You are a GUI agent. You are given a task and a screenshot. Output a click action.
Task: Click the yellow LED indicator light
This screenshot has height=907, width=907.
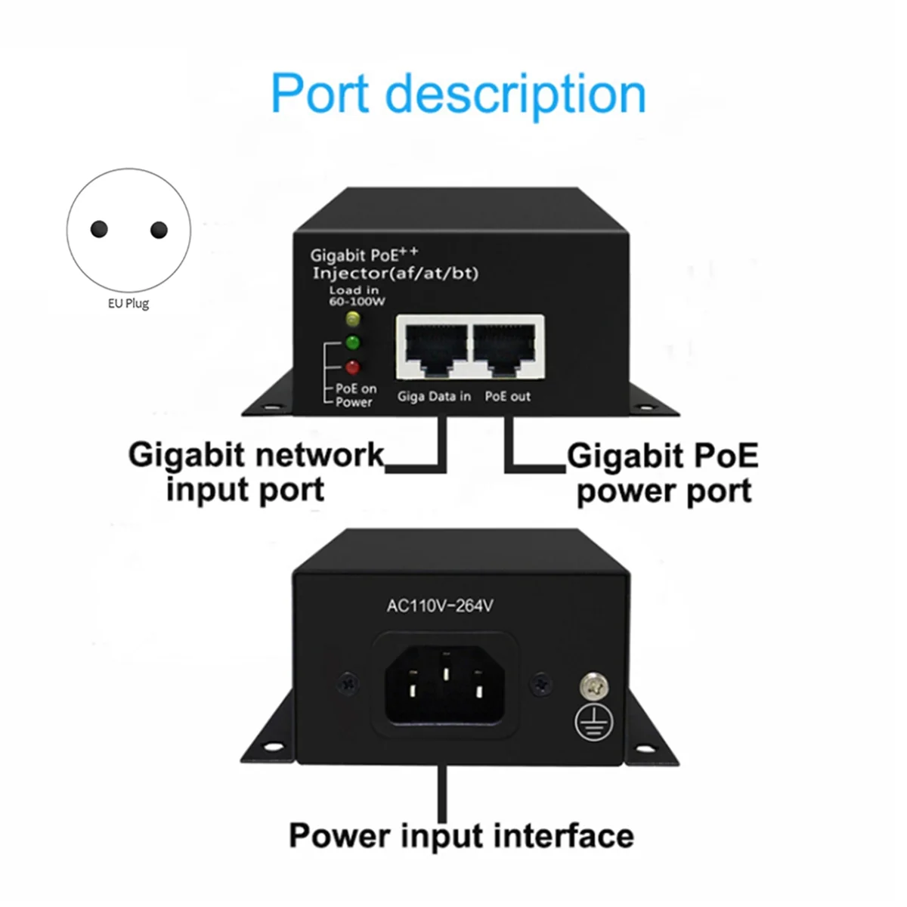352,318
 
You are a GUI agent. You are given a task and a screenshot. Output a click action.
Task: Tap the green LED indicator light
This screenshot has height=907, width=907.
352,342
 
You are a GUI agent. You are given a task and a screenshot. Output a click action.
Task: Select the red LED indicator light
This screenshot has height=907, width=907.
352,368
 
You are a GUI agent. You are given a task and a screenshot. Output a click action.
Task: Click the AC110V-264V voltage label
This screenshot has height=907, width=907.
440,605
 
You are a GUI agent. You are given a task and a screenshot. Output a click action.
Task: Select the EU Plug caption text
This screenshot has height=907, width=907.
128,304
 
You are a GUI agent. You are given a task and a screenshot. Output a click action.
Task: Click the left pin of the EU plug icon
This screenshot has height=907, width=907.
99,229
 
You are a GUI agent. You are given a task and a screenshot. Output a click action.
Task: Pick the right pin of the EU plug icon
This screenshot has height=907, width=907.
159,229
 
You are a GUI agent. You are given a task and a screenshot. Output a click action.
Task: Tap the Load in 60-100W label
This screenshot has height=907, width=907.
357,296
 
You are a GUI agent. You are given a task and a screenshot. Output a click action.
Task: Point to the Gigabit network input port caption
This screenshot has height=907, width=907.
255,472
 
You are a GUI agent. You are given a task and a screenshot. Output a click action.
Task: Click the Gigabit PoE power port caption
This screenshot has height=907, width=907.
663,473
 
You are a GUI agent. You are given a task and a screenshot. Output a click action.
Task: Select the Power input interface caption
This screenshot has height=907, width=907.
461,835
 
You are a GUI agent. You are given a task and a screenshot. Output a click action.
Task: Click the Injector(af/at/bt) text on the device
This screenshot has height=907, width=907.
395,273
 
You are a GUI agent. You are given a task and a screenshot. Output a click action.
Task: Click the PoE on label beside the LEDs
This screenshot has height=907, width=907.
355,388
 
